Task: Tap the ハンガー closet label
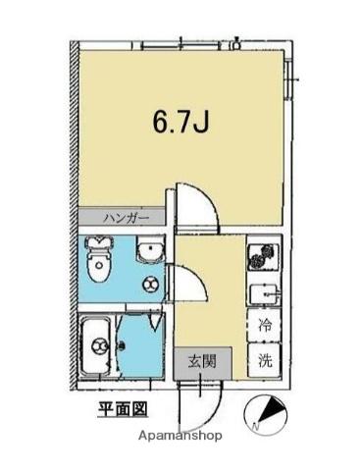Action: pos(127,218)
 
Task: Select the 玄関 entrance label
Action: pos(202,362)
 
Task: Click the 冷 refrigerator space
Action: pos(265,325)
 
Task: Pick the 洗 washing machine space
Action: pos(265,360)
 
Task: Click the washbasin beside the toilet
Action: pos(150,249)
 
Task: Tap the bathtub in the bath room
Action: pos(97,347)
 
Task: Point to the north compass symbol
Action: pos(266,412)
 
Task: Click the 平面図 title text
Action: pos(124,409)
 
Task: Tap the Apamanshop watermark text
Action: pos(180,436)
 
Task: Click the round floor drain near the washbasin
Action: pos(150,284)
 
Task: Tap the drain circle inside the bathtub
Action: pos(99,345)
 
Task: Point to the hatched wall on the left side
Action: pos(75,217)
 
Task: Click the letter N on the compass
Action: pos(256,426)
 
